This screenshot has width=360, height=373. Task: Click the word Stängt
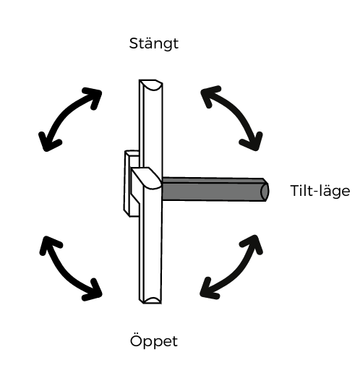[x=154, y=44]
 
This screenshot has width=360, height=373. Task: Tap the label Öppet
[x=154, y=340]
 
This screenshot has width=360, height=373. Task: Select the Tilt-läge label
[x=320, y=191]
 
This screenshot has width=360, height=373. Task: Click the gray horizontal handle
[x=215, y=189]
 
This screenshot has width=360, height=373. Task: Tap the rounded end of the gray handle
[x=265, y=191]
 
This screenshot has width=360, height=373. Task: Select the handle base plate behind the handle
[x=131, y=184]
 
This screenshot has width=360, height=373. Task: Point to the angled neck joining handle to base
[x=145, y=178]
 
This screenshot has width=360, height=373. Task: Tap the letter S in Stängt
[x=134, y=43]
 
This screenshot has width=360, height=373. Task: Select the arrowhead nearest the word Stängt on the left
[x=93, y=98]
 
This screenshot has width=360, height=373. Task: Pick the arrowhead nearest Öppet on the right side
[x=209, y=289]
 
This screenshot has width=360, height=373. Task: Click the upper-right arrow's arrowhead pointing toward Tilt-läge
[x=252, y=142]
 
